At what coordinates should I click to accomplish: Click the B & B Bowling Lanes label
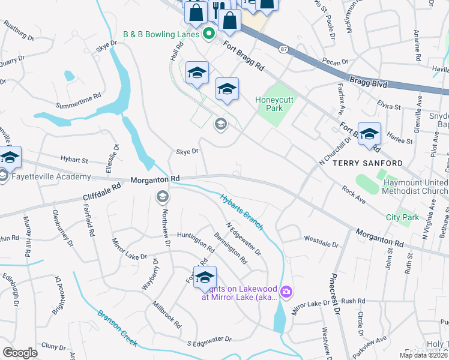click(x=161, y=34)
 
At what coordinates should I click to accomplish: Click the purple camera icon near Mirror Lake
click(x=286, y=292)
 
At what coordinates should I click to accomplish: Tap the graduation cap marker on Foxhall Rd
click(x=205, y=277)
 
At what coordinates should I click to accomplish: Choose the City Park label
click(x=402, y=217)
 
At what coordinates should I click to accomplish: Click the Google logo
click(x=20, y=352)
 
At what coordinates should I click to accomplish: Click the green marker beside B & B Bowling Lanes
click(x=209, y=34)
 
